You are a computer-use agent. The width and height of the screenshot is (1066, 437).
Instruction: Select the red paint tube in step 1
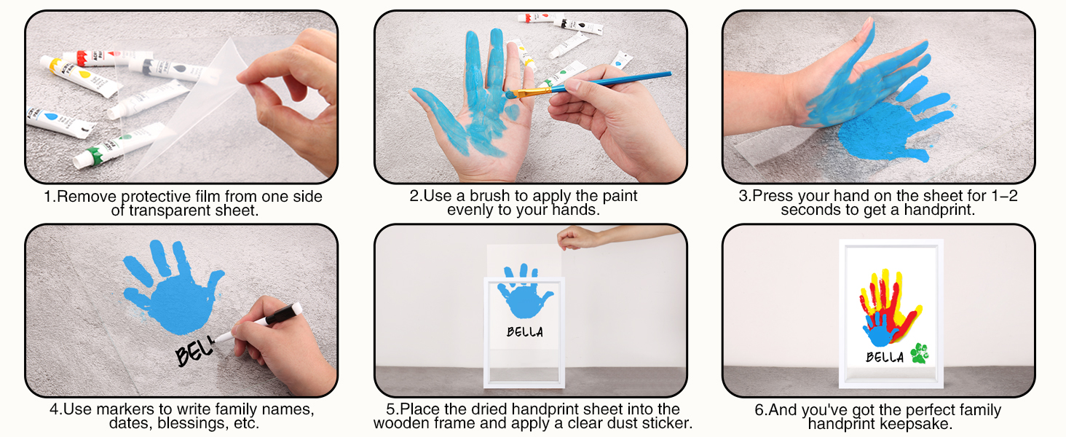point(107,58)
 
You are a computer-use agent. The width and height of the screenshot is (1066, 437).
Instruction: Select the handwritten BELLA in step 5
point(524,332)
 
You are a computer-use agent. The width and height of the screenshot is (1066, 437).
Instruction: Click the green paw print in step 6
point(919,353)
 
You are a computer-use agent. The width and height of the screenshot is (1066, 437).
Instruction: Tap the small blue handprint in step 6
point(880,329)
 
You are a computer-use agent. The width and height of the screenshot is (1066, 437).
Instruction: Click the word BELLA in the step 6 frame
point(884,357)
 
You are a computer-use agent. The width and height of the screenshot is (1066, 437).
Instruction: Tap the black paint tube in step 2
point(577,25)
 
